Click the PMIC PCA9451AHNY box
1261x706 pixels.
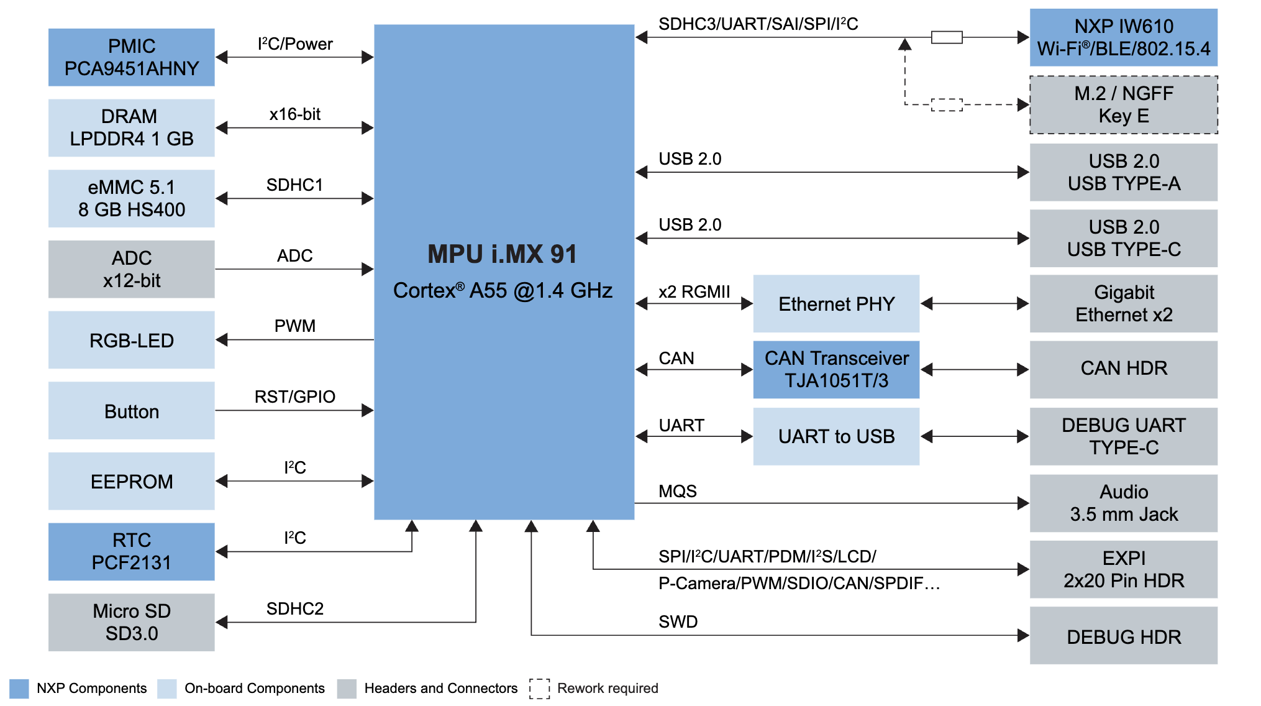coord(131,57)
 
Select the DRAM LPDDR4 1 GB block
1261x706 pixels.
coord(131,127)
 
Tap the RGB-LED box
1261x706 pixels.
coord(131,340)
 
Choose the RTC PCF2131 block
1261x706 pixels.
coord(131,551)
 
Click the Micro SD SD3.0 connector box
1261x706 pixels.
coord(131,622)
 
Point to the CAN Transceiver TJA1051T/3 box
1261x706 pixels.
coord(836,369)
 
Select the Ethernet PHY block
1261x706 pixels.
coord(836,304)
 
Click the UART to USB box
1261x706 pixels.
coord(836,436)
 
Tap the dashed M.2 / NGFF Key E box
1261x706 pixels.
coord(1123,104)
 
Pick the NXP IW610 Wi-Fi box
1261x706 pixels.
coord(1123,37)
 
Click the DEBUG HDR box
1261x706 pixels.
coord(1123,636)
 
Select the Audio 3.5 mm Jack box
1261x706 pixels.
coord(1123,503)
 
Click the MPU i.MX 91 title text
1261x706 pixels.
coord(502,254)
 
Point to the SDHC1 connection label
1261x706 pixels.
coord(294,185)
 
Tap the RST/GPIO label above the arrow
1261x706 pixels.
coord(294,397)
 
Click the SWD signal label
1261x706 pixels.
coord(678,621)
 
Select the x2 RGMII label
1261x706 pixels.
coord(694,291)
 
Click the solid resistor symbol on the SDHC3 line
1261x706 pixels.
coord(947,37)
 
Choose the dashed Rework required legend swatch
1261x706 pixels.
coord(539,689)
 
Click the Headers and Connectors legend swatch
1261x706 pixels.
coord(347,689)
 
